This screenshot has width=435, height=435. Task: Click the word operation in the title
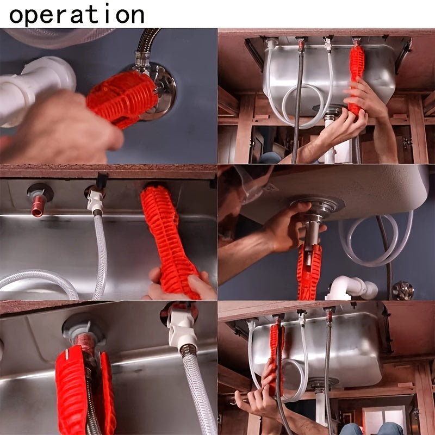[x=76, y=14]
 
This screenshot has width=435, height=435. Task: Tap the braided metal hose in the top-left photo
[x=147, y=41]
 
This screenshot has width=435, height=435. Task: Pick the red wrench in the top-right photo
[x=357, y=76]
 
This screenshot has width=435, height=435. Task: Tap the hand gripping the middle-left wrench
[x=185, y=285]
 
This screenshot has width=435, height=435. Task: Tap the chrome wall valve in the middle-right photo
[x=403, y=289]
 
